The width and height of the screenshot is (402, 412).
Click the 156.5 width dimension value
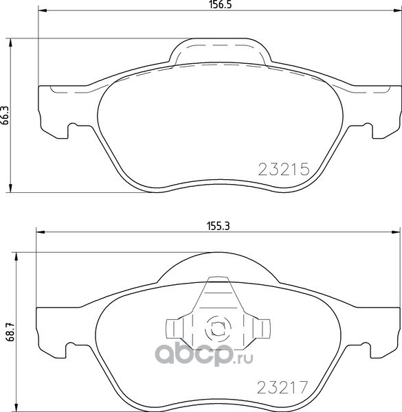pos(221,5)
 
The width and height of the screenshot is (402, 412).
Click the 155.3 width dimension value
pos(219,226)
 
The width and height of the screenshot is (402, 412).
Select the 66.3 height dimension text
pos(5,115)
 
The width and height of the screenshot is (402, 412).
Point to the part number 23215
pos(284,169)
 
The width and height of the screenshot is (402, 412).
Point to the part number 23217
pos(282,387)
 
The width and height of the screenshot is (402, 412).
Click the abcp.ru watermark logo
pos(204,353)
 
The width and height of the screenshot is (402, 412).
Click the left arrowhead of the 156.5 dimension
pos(43,10)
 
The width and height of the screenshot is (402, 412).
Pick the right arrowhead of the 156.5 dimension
pos(398,10)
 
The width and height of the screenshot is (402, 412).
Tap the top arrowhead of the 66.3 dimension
pos(10,43)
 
